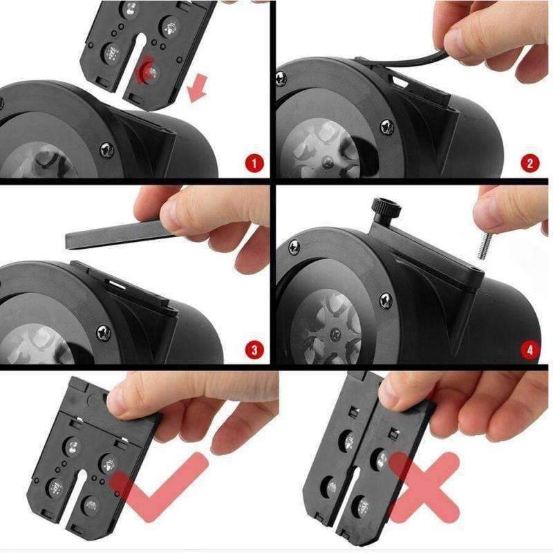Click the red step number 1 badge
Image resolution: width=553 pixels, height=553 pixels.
(254, 163)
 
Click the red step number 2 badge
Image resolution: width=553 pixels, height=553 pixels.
(529, 163)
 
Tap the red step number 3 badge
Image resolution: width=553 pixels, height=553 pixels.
(254, 350)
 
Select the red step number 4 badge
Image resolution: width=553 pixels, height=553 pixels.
(529, 350)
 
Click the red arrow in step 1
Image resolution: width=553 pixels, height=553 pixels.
(197, 87)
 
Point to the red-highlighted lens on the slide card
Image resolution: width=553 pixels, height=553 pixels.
(149, 70)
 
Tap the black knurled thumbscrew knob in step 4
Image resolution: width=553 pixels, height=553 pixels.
(387, 209)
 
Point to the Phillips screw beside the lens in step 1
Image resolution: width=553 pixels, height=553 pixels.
(107, 150)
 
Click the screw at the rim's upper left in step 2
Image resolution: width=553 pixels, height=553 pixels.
(281, 79)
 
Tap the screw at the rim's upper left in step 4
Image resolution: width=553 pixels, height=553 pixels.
(294, 247)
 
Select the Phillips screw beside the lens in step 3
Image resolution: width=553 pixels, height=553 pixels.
(103, 332)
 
